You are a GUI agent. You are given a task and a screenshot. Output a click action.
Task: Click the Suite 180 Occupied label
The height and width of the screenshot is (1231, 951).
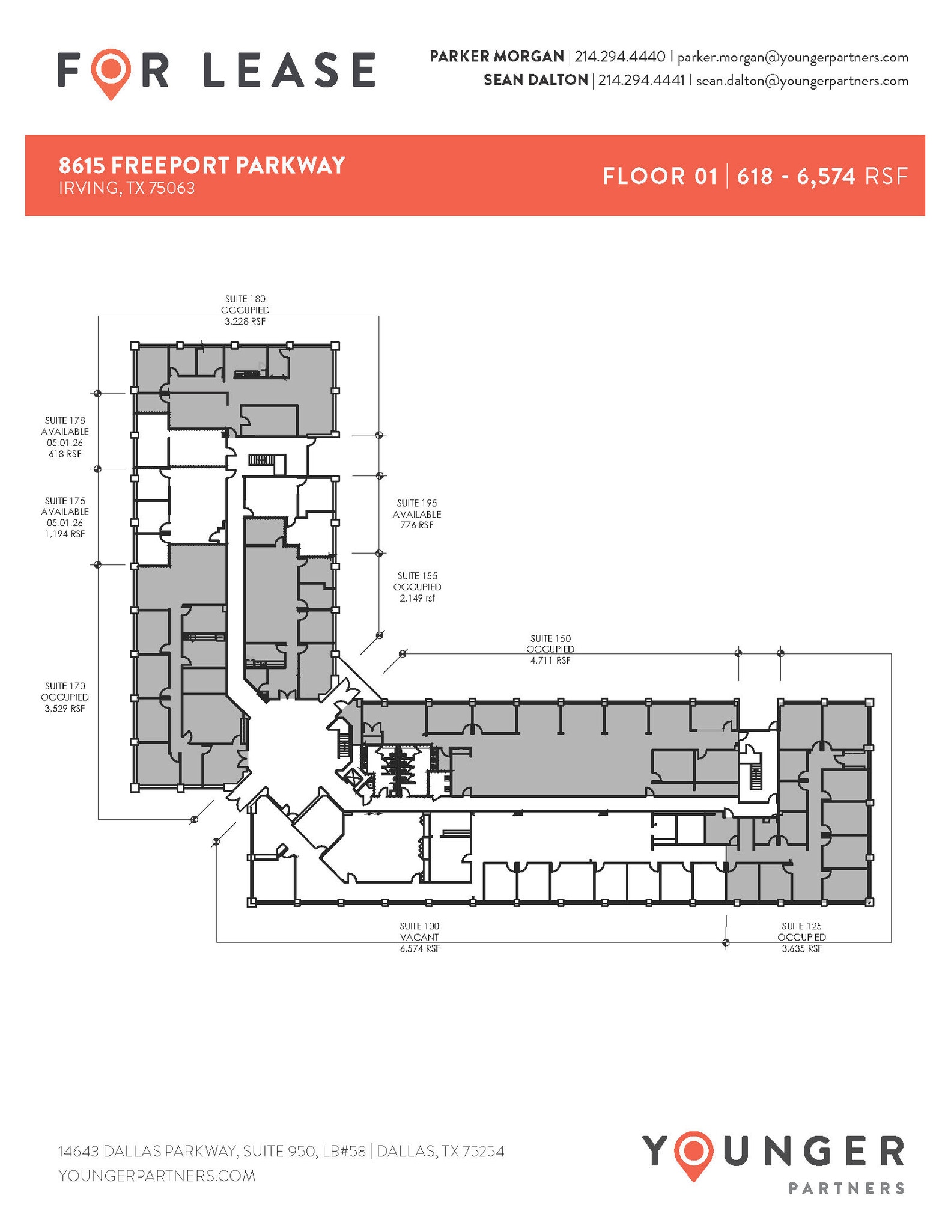(x=245, y=310)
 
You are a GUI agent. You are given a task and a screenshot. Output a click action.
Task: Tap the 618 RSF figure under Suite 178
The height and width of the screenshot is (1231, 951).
(x=65, y=454)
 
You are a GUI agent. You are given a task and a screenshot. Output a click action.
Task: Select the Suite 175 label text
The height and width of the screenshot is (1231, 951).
(x=65, y=501)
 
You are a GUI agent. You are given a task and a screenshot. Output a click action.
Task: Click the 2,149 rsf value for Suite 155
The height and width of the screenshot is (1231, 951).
(x=417, y=599)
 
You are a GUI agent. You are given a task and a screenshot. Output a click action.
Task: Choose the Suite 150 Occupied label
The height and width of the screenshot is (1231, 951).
(x=550, y=649)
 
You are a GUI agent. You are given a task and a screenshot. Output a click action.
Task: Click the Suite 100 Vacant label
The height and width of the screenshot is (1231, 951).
(x=419, y=937)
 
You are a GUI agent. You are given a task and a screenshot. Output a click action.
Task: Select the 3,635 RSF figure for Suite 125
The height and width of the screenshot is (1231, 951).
(x=801, y=948)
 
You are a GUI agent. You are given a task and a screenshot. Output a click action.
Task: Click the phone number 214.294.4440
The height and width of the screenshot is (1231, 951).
(x=620, y=57)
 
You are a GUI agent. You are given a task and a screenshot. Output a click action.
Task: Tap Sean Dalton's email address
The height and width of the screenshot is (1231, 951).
(x=802, y=81)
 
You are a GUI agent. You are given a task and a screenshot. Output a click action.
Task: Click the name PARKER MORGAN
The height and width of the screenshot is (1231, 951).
(x=496, y=57)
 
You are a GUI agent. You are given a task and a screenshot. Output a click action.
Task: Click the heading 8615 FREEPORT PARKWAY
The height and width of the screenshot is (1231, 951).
(x=202, y=165)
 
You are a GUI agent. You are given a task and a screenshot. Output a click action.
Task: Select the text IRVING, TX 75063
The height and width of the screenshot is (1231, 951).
(x=127, y=188)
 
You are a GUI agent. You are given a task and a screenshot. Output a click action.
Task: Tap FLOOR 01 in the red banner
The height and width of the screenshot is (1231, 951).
(x=660, y=176)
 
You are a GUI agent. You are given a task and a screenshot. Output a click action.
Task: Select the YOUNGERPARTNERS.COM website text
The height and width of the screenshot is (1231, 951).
(x=157, y=1175)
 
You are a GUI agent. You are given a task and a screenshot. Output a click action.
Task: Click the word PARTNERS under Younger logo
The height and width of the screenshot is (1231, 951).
(x=845, y=1188)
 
